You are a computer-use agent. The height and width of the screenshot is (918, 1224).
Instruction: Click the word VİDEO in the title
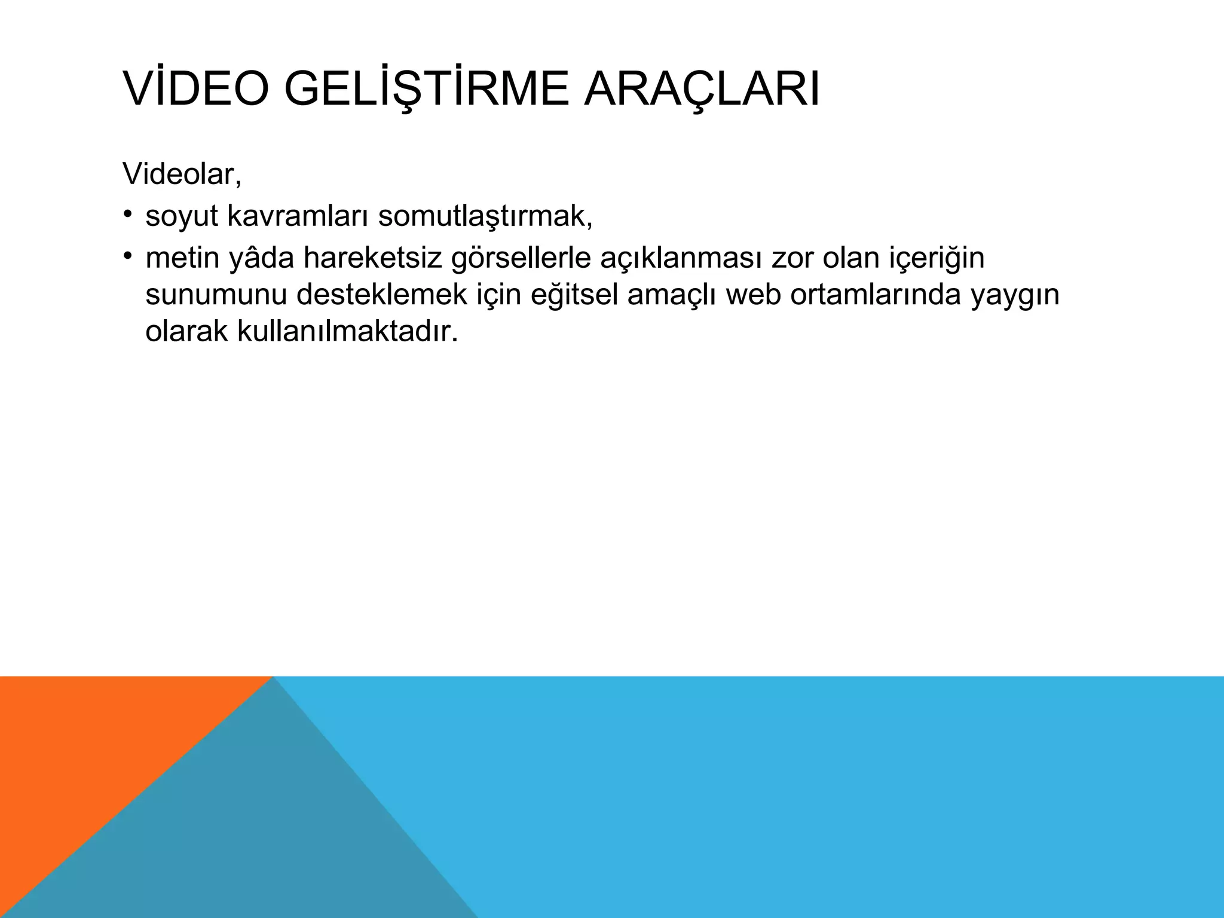click(x=197, y=90)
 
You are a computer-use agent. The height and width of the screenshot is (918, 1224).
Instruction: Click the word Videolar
click(x=182, y=174)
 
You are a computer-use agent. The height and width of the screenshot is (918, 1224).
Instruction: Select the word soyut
click(x=182, y=216)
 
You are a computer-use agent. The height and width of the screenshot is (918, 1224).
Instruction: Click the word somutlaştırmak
click(x=485, y=216)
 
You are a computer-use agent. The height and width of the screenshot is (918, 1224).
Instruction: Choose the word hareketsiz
click(x=372, y=258)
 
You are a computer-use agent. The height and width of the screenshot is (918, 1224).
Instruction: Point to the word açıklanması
click(x=680, y=258)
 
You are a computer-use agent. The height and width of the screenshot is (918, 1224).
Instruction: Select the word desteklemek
click(x=382, y=295)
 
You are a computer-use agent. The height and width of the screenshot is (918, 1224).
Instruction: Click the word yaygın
click(x=1014, y=295)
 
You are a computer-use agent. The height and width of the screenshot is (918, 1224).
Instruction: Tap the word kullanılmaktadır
click(x=347, y=332)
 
